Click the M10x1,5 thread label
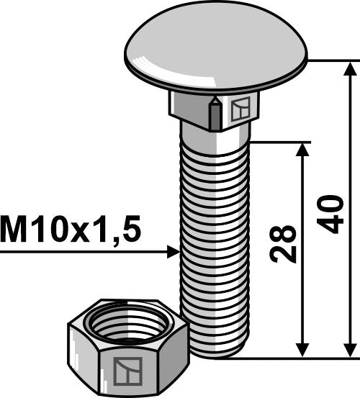pyautogui.click(x=71, y=230)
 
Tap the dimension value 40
pyautogui.click(x=330, y=215)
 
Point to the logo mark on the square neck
pyautogui.click(x=239, y=109)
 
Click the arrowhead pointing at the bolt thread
pyautogui.click(x=173, y=252)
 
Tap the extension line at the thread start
pyautogui.click(x=281, y=142)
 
